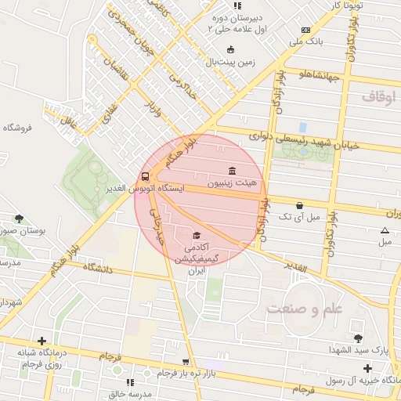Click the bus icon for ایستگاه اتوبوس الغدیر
pyautogui.click(x=146, y=176)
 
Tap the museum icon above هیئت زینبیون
pyautogui.click(x=233, y=172)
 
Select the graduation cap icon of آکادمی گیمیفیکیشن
pyautogui.click(x=197, y=235)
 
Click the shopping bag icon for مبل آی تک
pyautogui.click(x=300, y=205)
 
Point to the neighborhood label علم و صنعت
pyautogui.click(x=305, y=309)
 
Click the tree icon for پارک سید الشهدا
pyautogui.click(x=358, y=338)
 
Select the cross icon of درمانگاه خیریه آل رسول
pyautogui.click(x=367, y=367)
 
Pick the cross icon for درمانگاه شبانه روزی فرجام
pyautogui.click(x=42, y=341)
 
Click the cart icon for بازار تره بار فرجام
pyautogui.click(x=186, y=362)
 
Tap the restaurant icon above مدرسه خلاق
pyautogui.click(x=130, y=381)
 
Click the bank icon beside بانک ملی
pyautogui.click(x=305, y=31)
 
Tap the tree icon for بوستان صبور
pyautogui.click(x=19, y=219)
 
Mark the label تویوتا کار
pyautogui.click(x=349, y=5)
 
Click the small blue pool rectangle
pyautogui.click(x=302, y=127)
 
